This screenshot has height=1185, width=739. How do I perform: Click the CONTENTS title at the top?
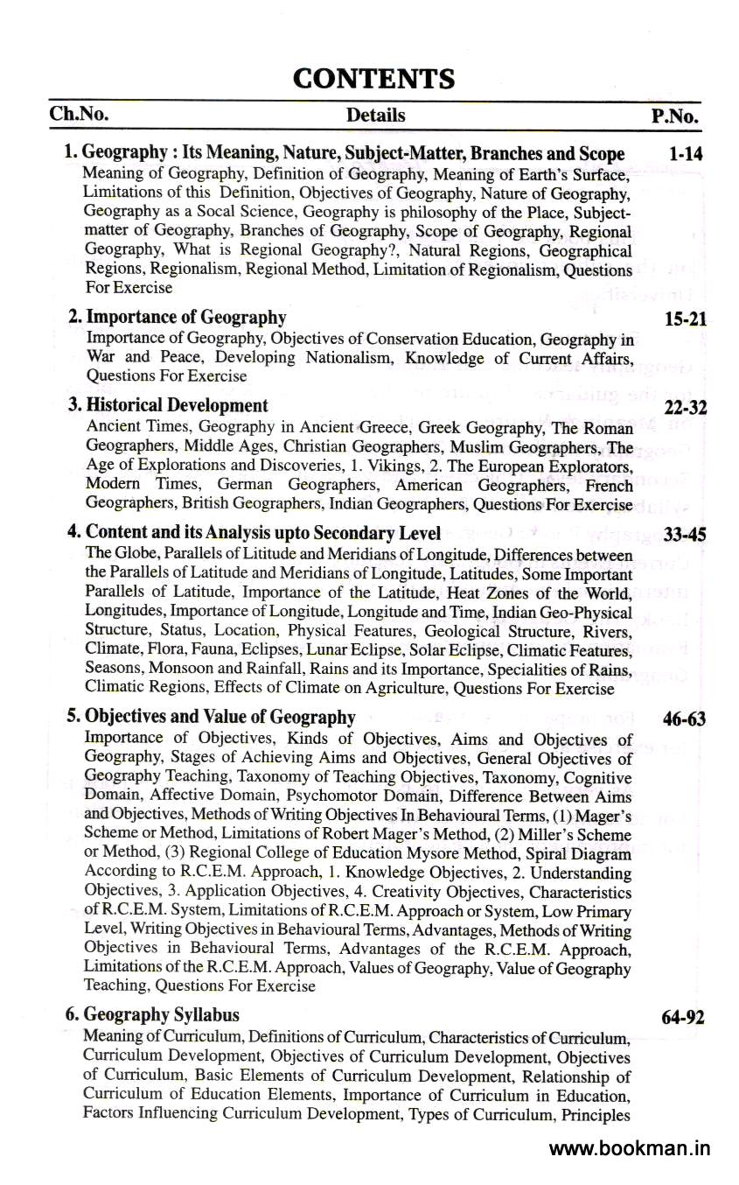point(373,79)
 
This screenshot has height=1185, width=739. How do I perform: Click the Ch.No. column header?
point(79,115)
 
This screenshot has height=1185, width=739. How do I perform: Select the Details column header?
point(375,116)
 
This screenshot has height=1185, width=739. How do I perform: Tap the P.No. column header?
point(675,116)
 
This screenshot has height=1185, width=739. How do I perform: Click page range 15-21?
point(685,319)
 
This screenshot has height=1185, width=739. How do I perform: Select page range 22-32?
point(685,407)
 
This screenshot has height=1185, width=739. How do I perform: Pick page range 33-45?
point(685,533)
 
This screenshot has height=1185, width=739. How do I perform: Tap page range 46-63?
point(685,719)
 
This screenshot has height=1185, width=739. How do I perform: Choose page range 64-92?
point(685,1018)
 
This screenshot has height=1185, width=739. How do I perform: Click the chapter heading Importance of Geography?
point(185,317)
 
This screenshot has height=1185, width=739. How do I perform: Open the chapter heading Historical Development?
point(177,405)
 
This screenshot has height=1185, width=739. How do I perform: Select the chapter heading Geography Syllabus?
point(162,1015)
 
